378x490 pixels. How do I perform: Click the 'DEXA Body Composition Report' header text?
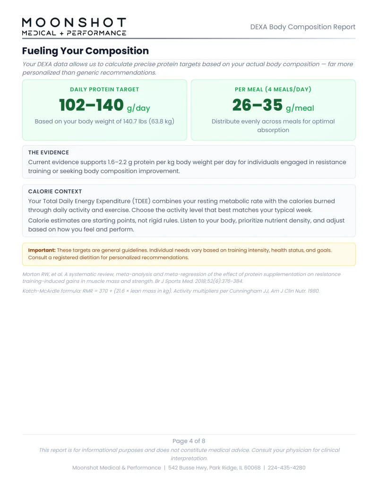[302, 27]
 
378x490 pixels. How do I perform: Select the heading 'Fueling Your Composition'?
[85, 51]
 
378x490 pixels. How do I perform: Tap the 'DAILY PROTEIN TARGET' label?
[104, 89]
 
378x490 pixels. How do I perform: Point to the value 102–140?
[91, 105]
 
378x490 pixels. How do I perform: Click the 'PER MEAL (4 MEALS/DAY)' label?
[273, 89]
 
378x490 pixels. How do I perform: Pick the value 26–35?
[257, 105]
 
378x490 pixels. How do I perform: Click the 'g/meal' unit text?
[300, 108]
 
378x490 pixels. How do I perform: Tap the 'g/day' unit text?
[138, 108]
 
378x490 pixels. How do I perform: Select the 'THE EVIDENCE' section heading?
[48, 152]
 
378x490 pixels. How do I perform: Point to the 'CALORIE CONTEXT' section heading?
[55, 192]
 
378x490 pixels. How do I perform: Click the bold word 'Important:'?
[42, 250]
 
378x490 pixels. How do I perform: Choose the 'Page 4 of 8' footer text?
[189, 441]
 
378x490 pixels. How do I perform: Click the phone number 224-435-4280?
[286, 468]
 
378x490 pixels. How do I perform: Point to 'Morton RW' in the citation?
[39, 274]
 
